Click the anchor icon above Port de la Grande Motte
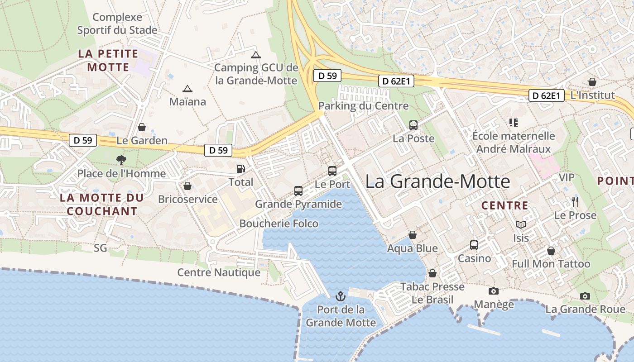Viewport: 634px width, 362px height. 340,296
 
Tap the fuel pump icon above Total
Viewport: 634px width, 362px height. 240,169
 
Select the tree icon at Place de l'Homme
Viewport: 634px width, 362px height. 121,159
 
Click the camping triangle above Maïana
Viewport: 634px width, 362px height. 187,89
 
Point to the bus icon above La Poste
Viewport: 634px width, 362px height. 413,125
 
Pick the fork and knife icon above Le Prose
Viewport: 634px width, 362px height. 575,201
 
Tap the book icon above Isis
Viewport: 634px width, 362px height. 521,224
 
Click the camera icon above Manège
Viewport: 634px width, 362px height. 493,291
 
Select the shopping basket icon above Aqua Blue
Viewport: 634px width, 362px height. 412,235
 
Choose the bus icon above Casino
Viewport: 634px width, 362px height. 474,245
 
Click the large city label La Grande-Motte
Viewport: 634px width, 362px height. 437,181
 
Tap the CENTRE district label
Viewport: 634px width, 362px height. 504,205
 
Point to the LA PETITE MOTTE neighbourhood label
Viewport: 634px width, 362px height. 108,60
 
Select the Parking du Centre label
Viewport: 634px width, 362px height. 363,106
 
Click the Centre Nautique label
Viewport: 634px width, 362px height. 219,272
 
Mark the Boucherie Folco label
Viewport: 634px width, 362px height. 279,224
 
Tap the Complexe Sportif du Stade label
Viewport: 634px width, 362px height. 117,24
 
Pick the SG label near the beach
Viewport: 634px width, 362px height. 100,248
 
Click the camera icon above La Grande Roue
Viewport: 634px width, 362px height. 585,296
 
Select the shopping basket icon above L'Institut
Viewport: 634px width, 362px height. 592,82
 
